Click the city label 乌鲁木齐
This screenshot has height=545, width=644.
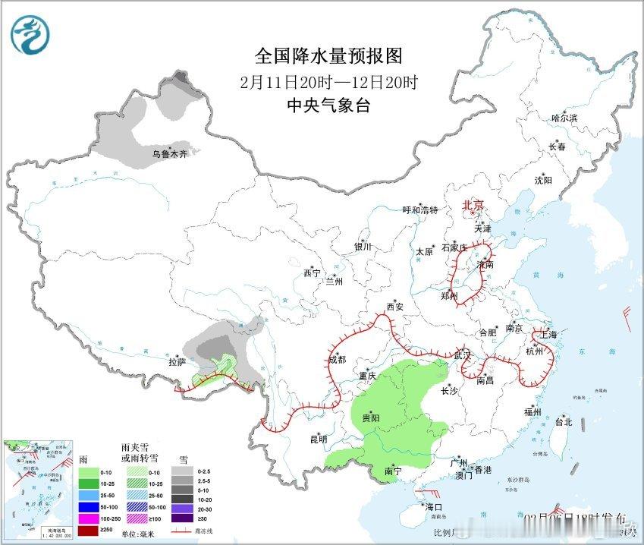[x=168, y=153]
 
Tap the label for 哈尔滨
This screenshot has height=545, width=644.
[x=564, y=118]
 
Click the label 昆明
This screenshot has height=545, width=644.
[x=318, y=439]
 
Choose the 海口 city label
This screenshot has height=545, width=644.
[x=434, y=507]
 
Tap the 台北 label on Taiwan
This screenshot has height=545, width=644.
[x=563, y=422]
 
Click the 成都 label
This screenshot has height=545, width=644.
[x=337, y=359]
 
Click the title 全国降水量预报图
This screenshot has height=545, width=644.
[x=328, y=56]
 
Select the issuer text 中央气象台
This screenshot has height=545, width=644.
[x=328, y=106]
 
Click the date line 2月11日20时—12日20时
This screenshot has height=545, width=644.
[x=328, y=82]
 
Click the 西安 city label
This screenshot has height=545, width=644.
[x=394, y=307]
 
